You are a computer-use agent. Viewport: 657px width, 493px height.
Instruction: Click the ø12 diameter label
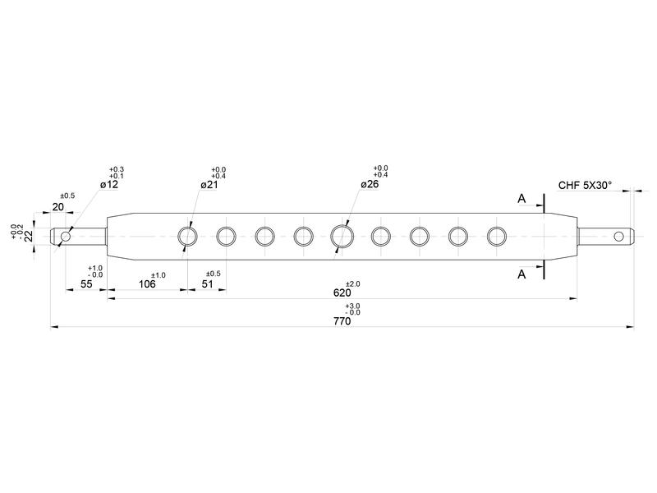click(109, 184)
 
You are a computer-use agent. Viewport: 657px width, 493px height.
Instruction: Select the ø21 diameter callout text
click(209, 184)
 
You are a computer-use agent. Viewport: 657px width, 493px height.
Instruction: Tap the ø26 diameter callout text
click(370, 184)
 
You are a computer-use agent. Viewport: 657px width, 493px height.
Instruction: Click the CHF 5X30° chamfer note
click(585, 186)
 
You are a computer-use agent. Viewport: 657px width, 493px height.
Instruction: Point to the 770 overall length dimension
click(342, 321)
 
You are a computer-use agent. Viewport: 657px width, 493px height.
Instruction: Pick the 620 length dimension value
click(342, 293)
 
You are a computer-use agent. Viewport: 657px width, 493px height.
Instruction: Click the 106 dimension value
click(147, 284)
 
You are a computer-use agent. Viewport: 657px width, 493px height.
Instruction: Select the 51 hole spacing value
click(208, 284)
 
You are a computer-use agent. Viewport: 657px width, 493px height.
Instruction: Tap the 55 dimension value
click(86, 284)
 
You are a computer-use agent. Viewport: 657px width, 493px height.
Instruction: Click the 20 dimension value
click(57, 207)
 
